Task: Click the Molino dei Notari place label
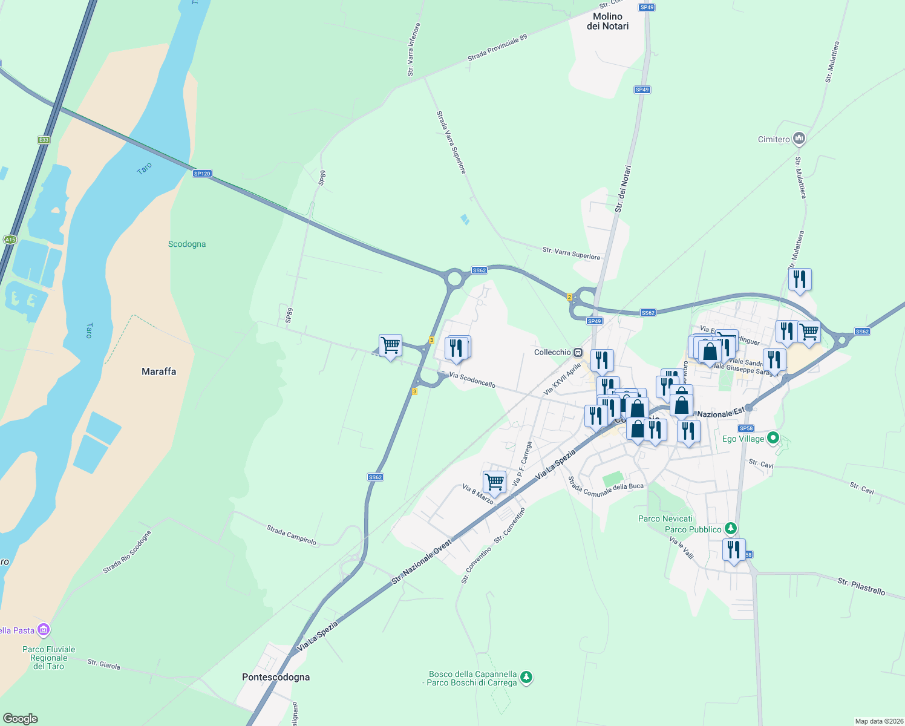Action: click(x=607, y=21)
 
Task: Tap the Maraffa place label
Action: click(x=158, y=371)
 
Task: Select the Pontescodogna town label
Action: click(x=276, y=677)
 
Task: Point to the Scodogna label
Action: click(x=187, y=244)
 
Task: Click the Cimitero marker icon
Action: click(x=799, y=139)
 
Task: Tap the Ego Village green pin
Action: click(x=773, y=438)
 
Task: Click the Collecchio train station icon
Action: click(x=578, y=352)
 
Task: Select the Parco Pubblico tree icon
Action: click(x=731, y=529)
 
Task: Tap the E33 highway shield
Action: click(x=44, y=140)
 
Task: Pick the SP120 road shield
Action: click(x=202, y=174)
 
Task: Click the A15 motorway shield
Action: click(x=10, y=240)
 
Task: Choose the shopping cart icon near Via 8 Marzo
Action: click(x=494, y=482)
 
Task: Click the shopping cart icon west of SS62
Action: click(x=390, y=345)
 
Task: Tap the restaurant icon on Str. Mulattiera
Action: click(x=800, y=279)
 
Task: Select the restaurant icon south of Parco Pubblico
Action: click(x=734, y=549)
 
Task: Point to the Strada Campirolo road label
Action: click(x=292, y=535)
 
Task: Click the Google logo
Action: click(x=21, y=719)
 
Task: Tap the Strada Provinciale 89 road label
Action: click(x=497, y=47)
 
